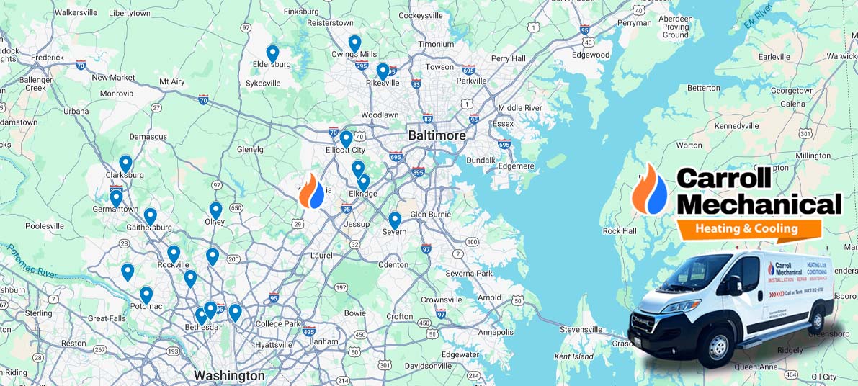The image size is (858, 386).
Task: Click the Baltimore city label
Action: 437,135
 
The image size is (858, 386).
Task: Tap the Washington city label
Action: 229,375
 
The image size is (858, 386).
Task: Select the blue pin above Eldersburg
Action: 272,53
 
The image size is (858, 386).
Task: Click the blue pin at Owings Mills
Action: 354,43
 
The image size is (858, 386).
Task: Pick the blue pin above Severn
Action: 395,220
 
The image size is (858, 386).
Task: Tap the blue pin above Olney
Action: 215,210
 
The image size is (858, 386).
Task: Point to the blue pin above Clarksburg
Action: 125,163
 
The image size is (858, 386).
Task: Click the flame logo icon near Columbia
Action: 312,191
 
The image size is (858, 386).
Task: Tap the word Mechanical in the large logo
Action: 759,205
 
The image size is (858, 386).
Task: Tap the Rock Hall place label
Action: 620,231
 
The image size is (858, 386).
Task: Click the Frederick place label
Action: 47,57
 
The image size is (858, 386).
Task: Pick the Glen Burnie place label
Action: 430,214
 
